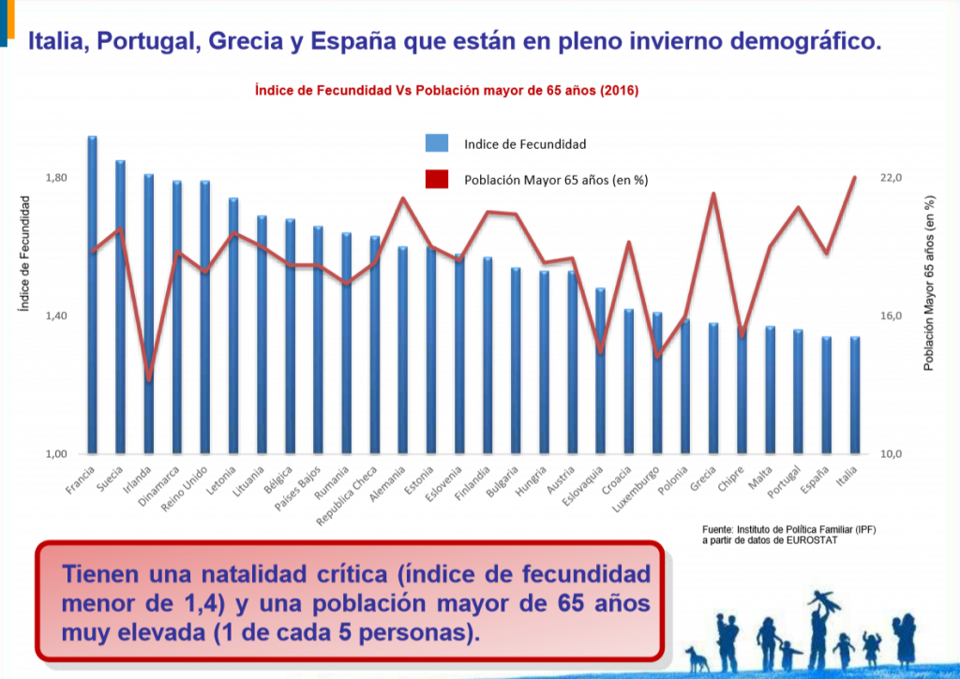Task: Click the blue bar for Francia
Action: (92, 300)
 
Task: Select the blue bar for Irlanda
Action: (148, 318)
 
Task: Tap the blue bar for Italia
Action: (855, 398)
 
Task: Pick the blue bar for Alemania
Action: (403, 351)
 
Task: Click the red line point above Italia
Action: (855, 177)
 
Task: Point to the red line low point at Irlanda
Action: (148, 380)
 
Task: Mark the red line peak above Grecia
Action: (713, 194)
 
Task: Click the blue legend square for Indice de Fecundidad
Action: (437, 143)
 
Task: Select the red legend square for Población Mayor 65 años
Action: (437, 180)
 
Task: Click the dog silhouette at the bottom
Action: (696, 657)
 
